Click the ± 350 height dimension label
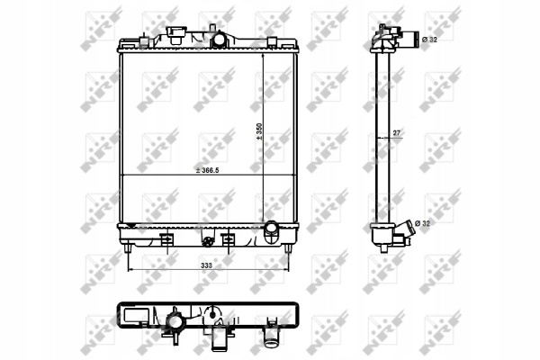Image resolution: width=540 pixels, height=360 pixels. point(259,131)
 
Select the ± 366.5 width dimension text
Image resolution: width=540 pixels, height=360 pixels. point(207,170)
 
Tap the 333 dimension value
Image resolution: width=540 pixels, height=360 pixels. point(206,265)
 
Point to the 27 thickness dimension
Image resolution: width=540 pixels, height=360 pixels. point(396,132)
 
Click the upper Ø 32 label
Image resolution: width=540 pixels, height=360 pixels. point(429,40)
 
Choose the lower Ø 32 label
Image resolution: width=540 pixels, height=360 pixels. point(423,223)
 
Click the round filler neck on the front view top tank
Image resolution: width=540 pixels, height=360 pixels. point(219,39)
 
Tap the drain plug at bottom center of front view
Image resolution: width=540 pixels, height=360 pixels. point(207,242)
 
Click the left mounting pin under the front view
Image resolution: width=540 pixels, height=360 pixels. point(128,248)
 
